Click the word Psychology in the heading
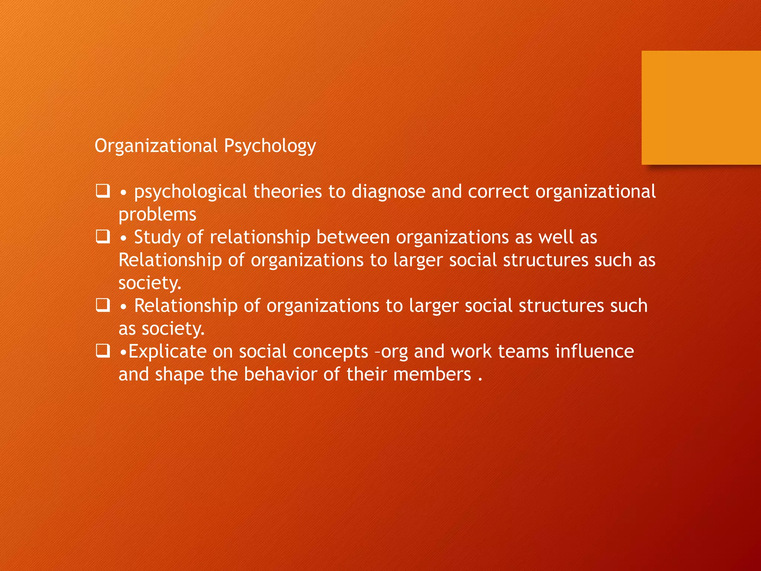270,146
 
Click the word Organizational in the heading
156,146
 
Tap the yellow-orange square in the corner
701,107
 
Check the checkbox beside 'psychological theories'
103,191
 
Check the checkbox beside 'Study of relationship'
103,237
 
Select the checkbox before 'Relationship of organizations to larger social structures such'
103,305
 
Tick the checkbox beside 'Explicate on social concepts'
103,351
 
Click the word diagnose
388,192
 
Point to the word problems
157,214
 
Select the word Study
157,237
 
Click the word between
353,237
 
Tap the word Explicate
167,351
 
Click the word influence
595,351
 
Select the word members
432,374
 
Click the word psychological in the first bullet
190,192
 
